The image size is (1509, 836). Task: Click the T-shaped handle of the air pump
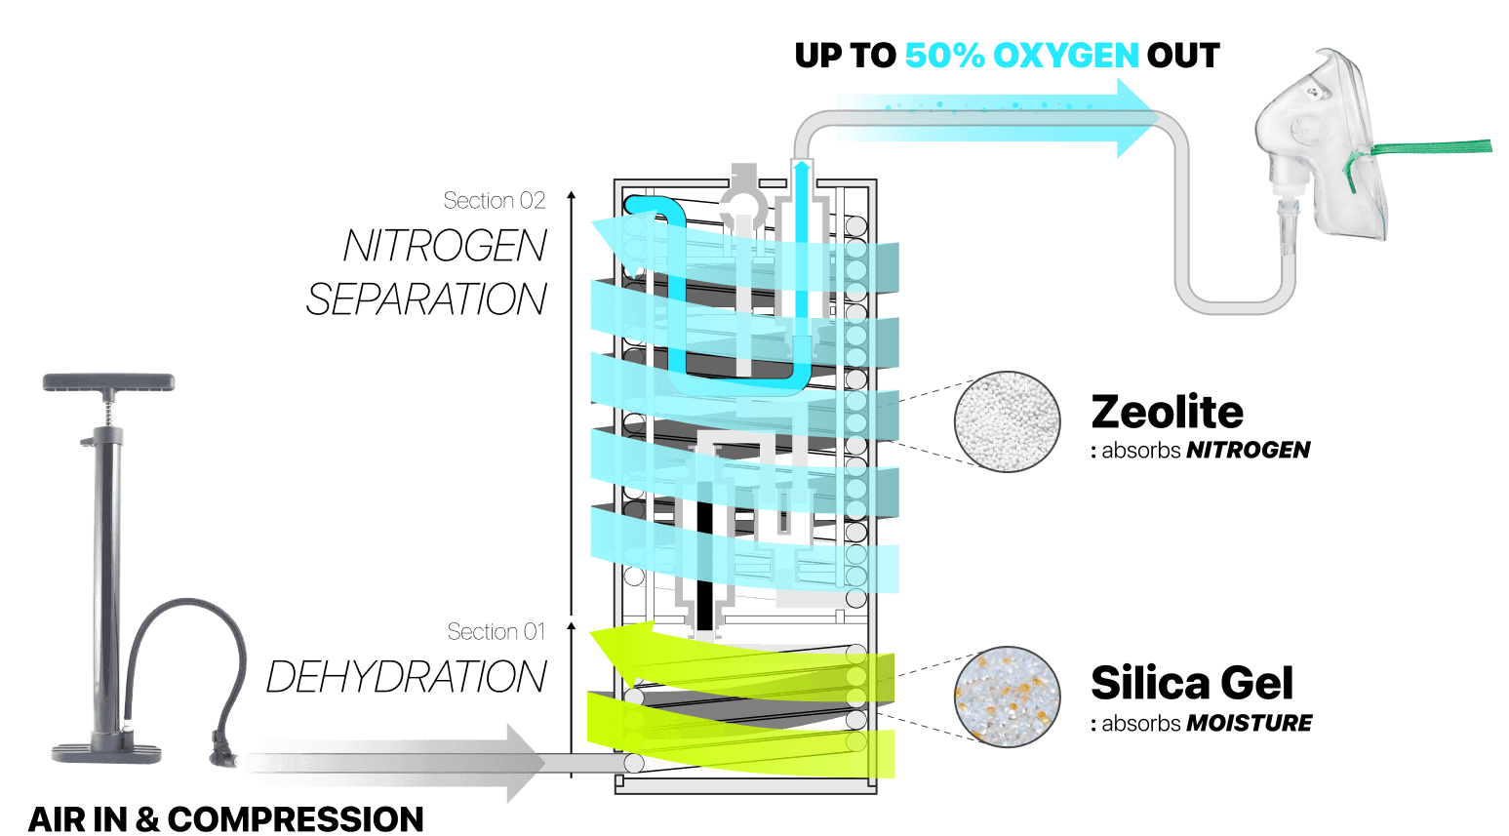click(108, 381)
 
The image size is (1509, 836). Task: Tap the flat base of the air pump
click(107, 751)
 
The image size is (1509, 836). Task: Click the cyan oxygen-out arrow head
click(1135, 118)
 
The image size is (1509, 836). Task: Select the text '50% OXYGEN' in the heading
click(1020, 56)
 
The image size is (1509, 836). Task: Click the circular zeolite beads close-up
click(1007, 421)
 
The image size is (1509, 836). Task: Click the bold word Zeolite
click(1167, 412)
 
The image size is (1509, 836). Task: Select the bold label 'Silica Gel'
click(1191, 683)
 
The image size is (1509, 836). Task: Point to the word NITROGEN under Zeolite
click(1248, 451)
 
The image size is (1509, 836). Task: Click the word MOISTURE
click(1249, 724)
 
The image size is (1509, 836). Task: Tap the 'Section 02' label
click(494, 201)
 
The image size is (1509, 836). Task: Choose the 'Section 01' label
click(496, 632)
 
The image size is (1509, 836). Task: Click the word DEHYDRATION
click(406, 678)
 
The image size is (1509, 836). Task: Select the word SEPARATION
click(426, 299)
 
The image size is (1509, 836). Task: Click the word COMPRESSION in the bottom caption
click(296, 818)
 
